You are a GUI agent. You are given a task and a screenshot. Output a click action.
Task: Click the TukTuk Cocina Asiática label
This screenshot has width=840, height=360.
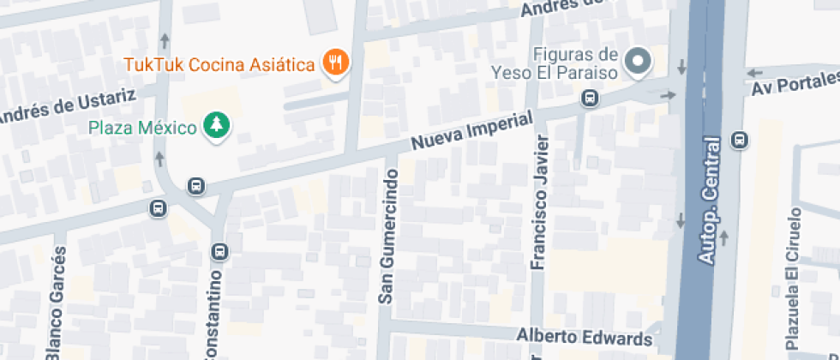pos(219,64)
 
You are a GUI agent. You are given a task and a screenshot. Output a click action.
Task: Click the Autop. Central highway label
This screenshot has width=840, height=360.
pos(708,199)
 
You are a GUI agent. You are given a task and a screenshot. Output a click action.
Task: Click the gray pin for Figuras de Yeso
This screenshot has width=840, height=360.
pos(638,60)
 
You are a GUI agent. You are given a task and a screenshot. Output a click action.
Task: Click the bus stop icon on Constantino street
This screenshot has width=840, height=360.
pos(220,251)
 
